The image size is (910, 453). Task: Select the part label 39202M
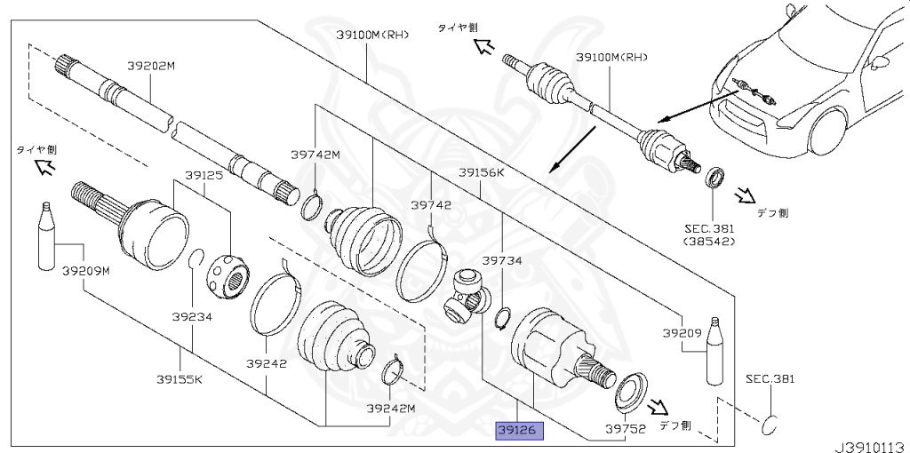coord(151,65)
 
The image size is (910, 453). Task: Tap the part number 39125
coord(204,176)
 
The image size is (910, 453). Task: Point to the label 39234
coord(192,316)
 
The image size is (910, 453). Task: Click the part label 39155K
coord(180,379)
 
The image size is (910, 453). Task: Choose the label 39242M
coord(390,409)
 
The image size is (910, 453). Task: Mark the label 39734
coord(501,261)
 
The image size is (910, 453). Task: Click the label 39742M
coord(315,155)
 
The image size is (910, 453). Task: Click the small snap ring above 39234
coord(196,259)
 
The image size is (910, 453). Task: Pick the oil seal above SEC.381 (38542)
coord(714,177)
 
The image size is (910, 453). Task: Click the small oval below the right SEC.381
coord(770,425)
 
